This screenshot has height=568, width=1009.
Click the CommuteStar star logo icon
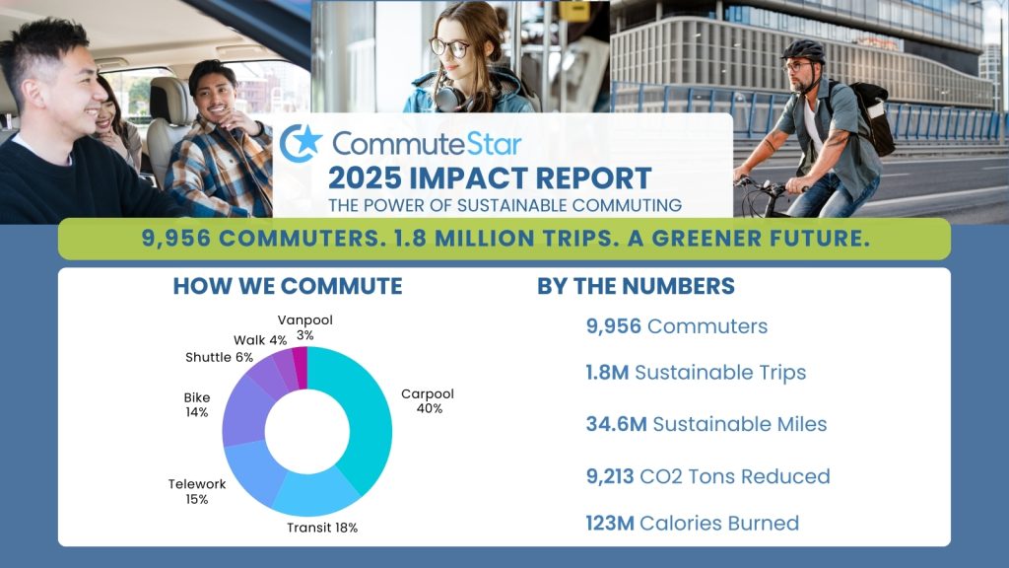301,144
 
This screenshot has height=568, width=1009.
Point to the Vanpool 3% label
296,327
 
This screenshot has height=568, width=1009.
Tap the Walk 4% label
260,340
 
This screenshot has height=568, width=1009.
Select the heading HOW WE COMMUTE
287,286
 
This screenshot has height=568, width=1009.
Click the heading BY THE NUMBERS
636,286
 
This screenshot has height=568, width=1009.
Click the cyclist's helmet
802,50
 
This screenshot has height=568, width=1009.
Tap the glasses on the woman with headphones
449,46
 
